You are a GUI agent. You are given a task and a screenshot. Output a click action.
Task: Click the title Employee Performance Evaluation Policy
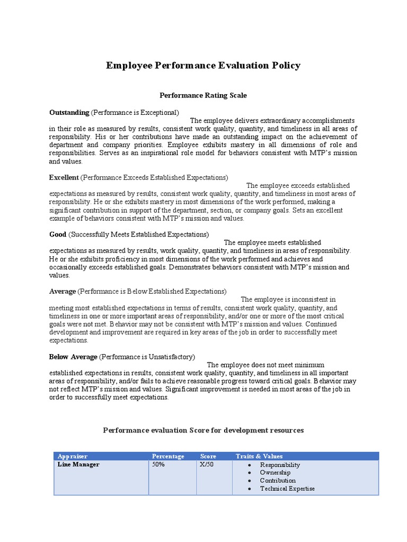(x=203, y=66)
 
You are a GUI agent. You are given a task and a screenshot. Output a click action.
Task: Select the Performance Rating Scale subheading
(x=203, y=95)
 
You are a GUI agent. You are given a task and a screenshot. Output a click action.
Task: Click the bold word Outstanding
(x=69, y=112)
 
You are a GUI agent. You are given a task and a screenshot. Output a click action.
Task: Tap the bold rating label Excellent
(x=64, y=177)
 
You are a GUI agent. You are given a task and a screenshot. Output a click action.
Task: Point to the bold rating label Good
(x=58, y=234)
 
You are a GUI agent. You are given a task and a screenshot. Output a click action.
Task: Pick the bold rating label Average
(x=63, y=291)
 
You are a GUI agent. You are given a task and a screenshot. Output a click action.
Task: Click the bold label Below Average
(x=73, y=357)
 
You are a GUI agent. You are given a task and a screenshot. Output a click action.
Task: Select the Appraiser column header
(x=73, y=456)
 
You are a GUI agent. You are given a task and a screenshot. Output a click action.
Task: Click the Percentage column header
(x=168, y=456)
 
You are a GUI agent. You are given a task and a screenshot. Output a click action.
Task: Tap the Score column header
(x=208, y=456)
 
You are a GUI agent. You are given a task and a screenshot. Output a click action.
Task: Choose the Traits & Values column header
(x=259, y=456)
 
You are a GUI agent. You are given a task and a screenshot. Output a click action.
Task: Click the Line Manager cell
(x=78, y=465)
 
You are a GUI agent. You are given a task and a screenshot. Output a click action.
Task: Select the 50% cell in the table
(x=158, y=465)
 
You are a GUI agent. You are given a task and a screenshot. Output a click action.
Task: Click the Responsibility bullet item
(x=280, y=465)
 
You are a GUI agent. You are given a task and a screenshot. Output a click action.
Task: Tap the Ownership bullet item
(x=275, y=473)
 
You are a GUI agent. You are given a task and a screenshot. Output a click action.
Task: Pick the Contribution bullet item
(x=278, y=481)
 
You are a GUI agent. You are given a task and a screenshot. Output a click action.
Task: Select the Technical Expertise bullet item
(x=287, y=489)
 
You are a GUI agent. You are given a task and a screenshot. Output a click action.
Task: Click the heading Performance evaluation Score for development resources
(x=203, y=430)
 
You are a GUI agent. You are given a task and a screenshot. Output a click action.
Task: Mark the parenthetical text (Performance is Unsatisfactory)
(x=147, y=357)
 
